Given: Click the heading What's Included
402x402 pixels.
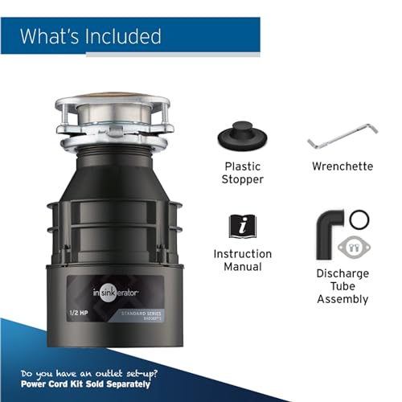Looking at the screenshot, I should pyautogui.click(x=90, y=35).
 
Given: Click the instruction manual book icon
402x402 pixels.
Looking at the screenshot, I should pyautogui.click(x=243, y=226).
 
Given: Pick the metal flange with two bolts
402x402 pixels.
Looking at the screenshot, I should pyautogui.click(x=351, y=245).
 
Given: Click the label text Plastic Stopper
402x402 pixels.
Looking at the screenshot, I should pyautogui.click(x=243, y=173).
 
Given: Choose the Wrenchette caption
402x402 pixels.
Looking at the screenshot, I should pyautogui.click(x=343, y=166).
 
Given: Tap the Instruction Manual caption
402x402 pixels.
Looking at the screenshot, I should pyautogui.click(x=243, y=260).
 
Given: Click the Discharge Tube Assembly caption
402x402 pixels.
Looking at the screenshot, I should pyautogui.click(x=343, y=285).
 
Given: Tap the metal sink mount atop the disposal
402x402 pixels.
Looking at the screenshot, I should pyautogui.click(x=116, y=121).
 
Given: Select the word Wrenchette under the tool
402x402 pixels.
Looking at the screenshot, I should pyautogui.click(x=343, y=166).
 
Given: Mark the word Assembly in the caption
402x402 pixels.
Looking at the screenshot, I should pyautogui.click(x=343, y=299).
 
